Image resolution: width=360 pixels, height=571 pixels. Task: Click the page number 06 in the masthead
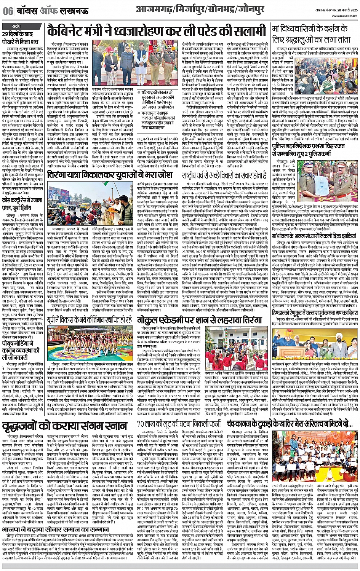coord(7,11)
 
